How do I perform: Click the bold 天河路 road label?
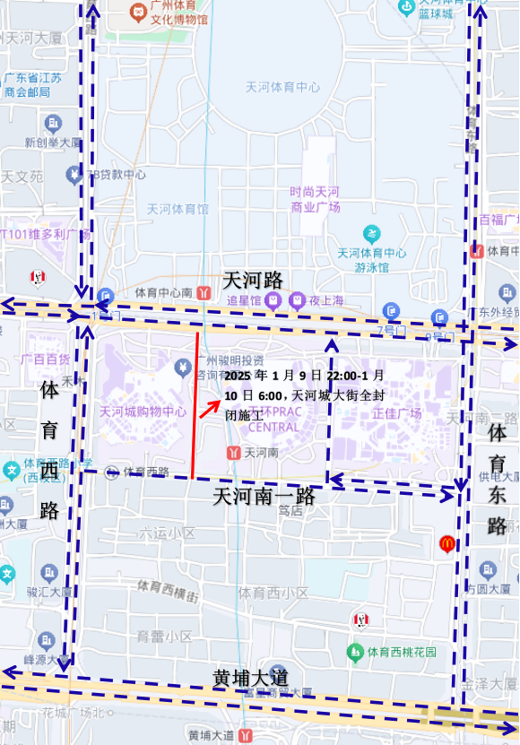pyautogui.click(x=252, y=279)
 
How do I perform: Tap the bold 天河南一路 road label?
pyautogui.click(x=264, y=496)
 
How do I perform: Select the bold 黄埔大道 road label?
pyautogui.click(x=252, y=677)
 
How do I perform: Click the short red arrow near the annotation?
pyautogui.click(x=212, y=409)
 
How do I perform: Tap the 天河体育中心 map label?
pyautogui.click(x=282, y=87)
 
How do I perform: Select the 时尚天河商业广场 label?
pyautogui.click(x=315, y=199)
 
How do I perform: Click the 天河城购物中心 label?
pyautogui.click(x=143, y=412)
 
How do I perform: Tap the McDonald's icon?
pyautogui.click(x=446, y=543)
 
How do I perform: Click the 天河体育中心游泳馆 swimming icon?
pyautogui.click(x=371, y=234)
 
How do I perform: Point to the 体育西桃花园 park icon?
pyautogui.click(x=355, y=651)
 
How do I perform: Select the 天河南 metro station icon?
pyautogui.click(x=233, y=453)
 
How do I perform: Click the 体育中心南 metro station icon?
pyautogui.click(x=204, y=292)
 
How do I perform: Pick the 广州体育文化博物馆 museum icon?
pyautogui.click(x=137, y=12)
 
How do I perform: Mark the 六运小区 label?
pyautogui.click(x=167, y=533)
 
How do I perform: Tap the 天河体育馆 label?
pyautogui.click(x=178, y=209)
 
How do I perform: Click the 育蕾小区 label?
pyautogui.click(x=164, y=637)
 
